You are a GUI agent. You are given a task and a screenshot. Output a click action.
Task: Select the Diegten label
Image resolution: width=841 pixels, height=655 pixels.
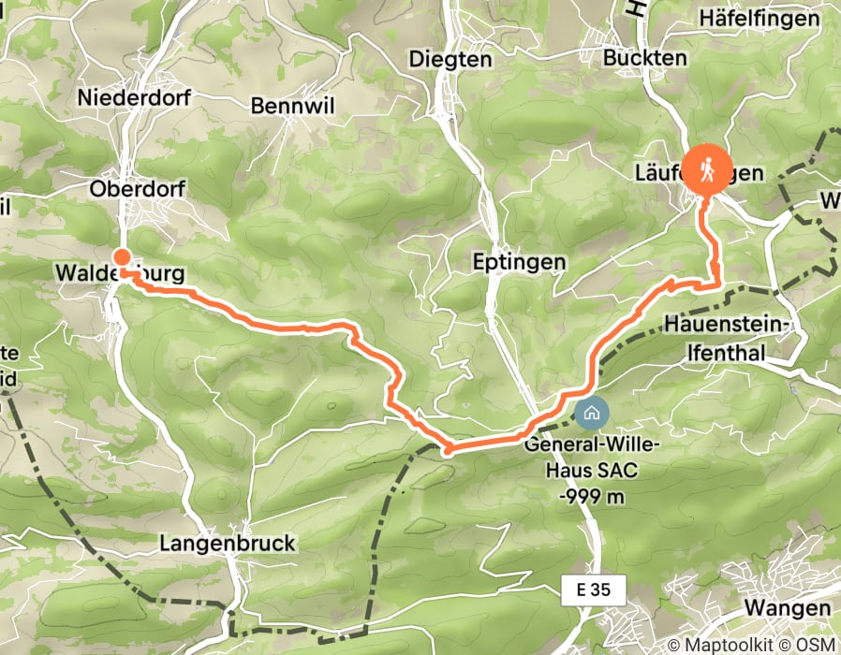(x=450, y=59)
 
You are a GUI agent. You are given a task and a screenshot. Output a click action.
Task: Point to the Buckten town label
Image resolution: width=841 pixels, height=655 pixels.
(x=646, y=57)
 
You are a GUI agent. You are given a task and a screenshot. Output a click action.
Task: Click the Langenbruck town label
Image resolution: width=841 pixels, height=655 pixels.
(x=228, y=544)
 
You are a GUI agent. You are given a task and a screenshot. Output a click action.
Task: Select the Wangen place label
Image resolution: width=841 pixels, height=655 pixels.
(x=788, y=607)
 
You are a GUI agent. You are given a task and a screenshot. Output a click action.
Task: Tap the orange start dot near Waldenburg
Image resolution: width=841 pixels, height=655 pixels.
(x=121, y=257)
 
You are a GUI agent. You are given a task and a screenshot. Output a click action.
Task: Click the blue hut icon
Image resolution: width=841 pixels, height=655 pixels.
(x=591, y=411)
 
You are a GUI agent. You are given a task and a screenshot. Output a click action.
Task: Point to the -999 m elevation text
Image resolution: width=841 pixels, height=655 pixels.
(x=593, y=496)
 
